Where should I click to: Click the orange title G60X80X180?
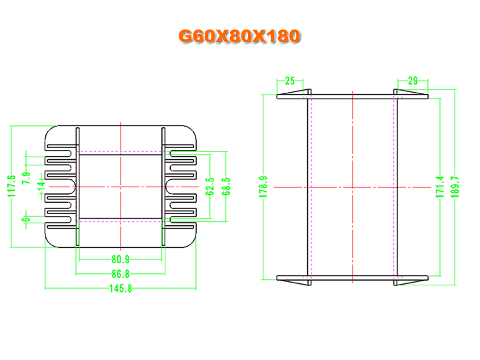click(x=239, y=36)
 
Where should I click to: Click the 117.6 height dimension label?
click(x=11, y=186)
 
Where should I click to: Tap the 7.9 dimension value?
click(x=26, y=178)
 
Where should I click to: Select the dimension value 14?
click(x=41, y=186)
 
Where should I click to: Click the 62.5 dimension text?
click(x=210, y=187)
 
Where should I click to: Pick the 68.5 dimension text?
click(x=226, y=187)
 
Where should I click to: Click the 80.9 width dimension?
click(x=121, y=259)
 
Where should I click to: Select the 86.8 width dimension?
click(x=121, y=274)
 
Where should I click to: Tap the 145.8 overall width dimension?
click(x=121, y=289)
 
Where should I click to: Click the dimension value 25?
click(x=290, y=81)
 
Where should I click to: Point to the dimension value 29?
click(x=413, y=81)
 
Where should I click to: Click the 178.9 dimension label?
click(x=263, y=187)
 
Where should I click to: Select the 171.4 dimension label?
click(x=439, y=187)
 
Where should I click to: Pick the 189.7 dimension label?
click(x=455, y=187)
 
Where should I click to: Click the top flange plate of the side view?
click(x=353, y=97)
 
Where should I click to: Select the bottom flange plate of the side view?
click(x=353, y=278)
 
